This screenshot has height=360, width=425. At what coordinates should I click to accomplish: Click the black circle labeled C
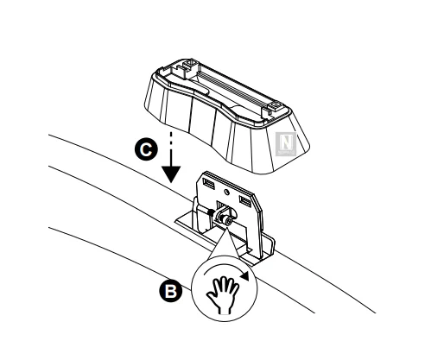(146, 149)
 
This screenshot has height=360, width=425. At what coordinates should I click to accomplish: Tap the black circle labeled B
(171, 291)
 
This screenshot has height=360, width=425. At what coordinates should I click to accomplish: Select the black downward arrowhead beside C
(171, 174)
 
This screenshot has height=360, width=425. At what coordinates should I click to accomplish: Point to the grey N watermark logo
(286, 144)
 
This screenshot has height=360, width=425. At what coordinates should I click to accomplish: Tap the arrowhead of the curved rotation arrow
(244, 275)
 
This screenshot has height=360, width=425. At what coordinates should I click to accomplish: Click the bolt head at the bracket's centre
(227, 221)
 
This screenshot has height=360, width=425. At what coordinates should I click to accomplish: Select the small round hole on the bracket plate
(227, 192)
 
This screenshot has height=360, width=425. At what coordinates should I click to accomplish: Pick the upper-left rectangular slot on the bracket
(209, 184)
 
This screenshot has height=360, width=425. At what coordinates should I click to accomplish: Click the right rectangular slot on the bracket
(245, 201)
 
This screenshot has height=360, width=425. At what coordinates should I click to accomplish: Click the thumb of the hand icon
(211, 297)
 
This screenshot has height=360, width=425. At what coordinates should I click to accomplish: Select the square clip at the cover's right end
(275, 107)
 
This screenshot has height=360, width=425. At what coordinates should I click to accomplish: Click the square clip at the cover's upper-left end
(190, 64)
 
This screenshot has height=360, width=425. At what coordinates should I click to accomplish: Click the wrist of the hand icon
(225, 310)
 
